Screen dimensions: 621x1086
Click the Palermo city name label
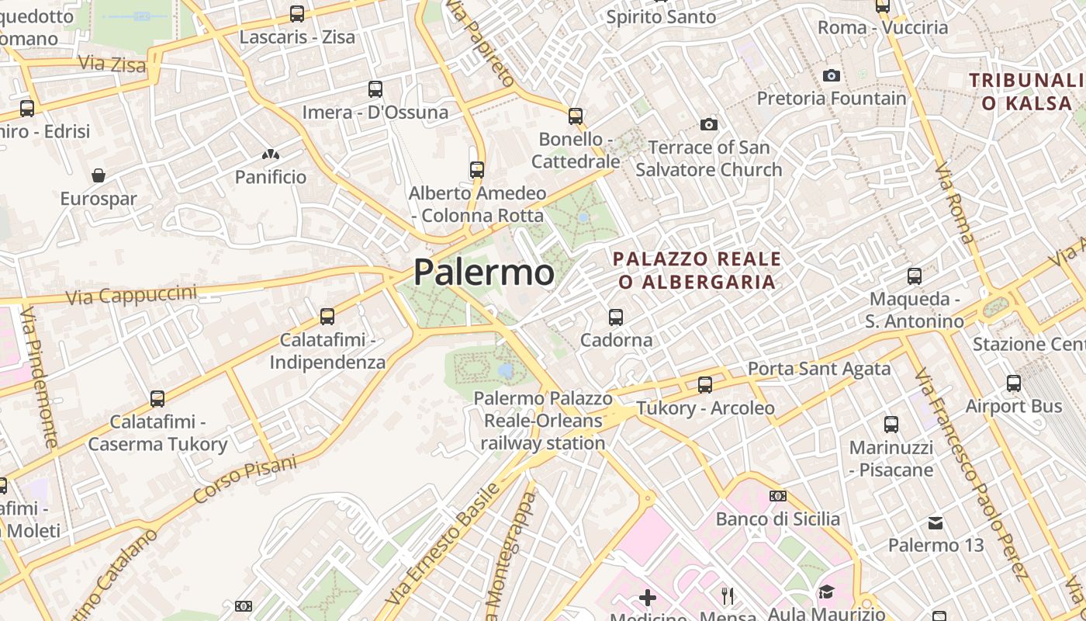coord(484,272)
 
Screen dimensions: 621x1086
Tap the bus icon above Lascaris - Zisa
coord(297,13)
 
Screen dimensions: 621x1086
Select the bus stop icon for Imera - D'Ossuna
coord(375,89)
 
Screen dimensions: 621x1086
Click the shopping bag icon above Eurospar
coord(99,175)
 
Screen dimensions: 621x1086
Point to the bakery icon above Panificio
coord(271,154)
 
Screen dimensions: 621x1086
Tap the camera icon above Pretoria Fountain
coord(832,75)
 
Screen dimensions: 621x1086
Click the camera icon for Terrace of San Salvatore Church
coord(708,124)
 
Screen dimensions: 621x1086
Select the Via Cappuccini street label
coord(131,295)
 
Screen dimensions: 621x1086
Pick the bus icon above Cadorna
coord(616,317)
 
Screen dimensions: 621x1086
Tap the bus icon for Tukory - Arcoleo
coord(705,384)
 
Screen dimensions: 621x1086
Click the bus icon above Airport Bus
coord(1014,383)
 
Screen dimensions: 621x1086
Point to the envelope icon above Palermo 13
coord(936,523)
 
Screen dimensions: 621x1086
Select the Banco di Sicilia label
coord(778,519)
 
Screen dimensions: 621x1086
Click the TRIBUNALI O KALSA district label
coord(1025,92)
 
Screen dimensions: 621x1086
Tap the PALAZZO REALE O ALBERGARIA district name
coord(697,270)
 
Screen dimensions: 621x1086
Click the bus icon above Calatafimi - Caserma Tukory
coord(157,399)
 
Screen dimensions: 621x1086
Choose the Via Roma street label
coord(953,203)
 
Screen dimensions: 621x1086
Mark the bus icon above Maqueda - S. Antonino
coord(915,276)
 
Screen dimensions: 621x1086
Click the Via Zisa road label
coord(112,64)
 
